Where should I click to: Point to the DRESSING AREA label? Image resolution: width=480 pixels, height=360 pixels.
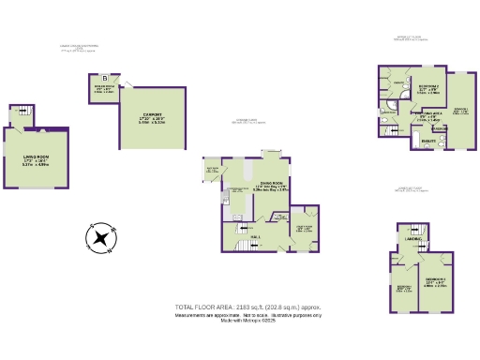point(427,117)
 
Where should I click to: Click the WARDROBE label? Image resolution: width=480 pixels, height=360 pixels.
point(439,128)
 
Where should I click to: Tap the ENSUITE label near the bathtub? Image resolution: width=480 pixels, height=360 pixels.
point(427,142)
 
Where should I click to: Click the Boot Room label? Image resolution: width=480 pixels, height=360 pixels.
point(212,170)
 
